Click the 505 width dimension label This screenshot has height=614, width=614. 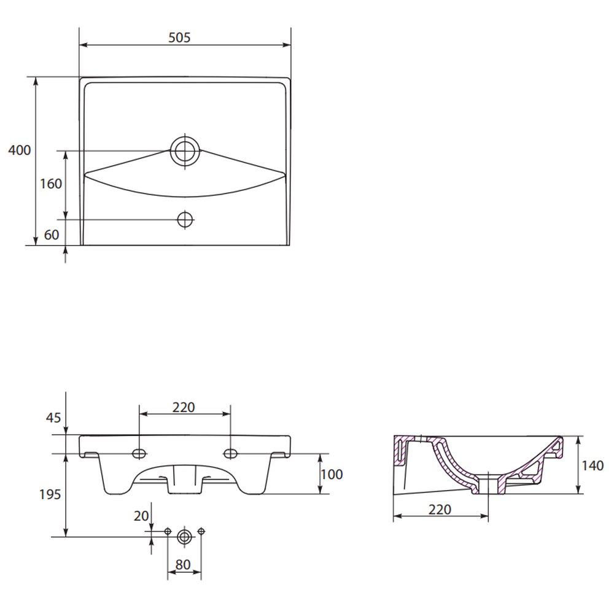point(179,37)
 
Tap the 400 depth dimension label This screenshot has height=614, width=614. point(20,150)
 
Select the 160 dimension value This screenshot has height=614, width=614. point(51,184)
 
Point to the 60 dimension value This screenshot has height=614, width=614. point(52,235)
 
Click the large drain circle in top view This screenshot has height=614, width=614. point(185,151)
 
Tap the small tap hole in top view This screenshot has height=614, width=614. point(185,220)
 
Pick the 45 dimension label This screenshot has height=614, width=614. point(53,418)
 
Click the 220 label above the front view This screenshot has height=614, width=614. point(184,408)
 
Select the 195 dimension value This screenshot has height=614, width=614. point(50,494)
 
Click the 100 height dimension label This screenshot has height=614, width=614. point(332,475)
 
